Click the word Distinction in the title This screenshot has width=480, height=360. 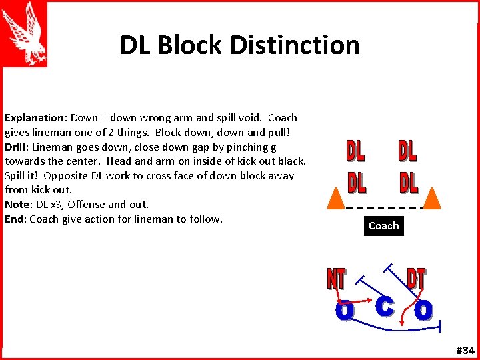pyautogui.click(x=296, y=45)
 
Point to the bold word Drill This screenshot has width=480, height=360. pyautogui.click(x=17, y=147)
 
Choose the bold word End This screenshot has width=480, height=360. pyautogui.click(x=15, y=219)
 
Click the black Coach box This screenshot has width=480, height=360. pyautogui.click(x=383, y=226)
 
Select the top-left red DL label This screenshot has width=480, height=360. pyautogui.click(x=355, y=151)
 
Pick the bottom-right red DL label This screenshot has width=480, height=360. pyautogui.click(x=409, y=182)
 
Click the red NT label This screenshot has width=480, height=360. pyautogui.click(x=337, y=279)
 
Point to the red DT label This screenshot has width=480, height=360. pyautogui.click(x=417, y=279)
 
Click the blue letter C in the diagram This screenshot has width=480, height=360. pyautogui.click(x=384, y=307)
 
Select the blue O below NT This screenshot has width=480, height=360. pyautogui.click(x=344, y=310)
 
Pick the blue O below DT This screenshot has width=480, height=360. pyautogui.click(x=423, y=310)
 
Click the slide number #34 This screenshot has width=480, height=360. pyautogui.click(x=465, y=351)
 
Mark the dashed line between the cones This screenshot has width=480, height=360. pyautogui.click(x=385, y=208)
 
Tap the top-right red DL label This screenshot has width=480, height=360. pyautogui.click(x=408, y=151)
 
